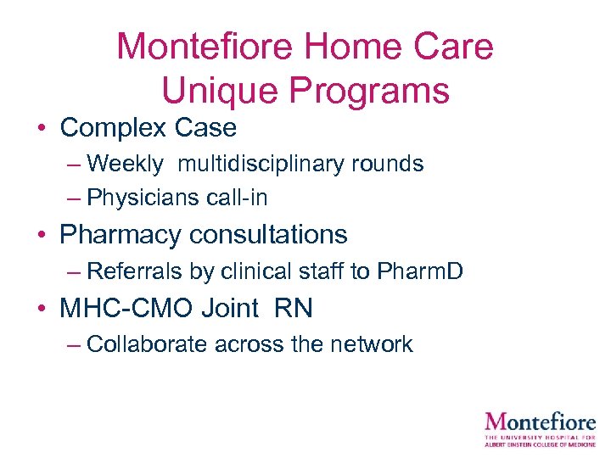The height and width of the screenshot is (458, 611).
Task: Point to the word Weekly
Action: pos(126,164)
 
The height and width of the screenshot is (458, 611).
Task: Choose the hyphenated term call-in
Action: pos(238,198)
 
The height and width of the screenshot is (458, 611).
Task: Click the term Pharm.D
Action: pos(421,271)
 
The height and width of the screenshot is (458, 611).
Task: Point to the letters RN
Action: pos(294,308)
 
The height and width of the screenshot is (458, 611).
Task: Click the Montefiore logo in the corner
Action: pos(540,428)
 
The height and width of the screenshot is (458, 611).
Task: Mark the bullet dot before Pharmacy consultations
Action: pos(41,235)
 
